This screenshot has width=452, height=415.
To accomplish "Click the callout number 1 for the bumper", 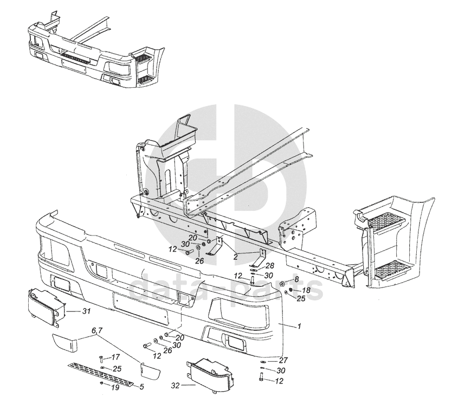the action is (299, 327).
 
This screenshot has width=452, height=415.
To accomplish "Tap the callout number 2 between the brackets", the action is (236, 257).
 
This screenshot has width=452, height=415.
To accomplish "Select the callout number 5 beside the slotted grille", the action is (141, 387).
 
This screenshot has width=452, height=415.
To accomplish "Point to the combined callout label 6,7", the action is (97, 331).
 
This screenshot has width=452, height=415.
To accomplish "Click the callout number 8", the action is (296, 279).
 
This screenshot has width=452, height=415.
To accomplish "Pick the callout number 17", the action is (115, 357).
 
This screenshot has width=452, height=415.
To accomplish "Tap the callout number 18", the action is (306, 290).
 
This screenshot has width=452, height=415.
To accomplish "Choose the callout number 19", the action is (115, 387).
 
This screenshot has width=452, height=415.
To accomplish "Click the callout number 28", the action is (270, 265).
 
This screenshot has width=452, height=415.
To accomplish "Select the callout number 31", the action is (86, 311).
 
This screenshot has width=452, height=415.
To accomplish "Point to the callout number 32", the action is (176, 385).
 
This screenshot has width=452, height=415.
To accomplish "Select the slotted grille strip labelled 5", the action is (101, 374).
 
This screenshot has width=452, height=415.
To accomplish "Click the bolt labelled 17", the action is (101, 360).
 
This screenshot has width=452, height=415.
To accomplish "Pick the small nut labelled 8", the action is (282, 283).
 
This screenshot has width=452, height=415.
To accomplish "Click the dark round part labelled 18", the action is (290, 289).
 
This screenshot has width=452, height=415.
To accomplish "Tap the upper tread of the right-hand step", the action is (385, 222).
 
